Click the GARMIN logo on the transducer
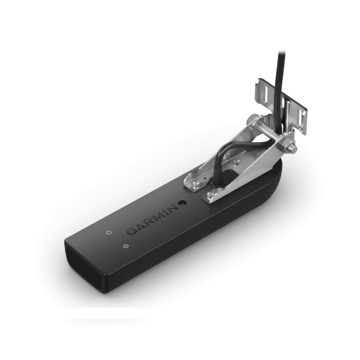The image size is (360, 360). [152, 219]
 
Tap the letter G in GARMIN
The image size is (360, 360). [131, 231]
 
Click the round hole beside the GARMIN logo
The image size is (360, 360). [183, 203]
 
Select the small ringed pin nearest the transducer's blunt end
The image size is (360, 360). [125, 246]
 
